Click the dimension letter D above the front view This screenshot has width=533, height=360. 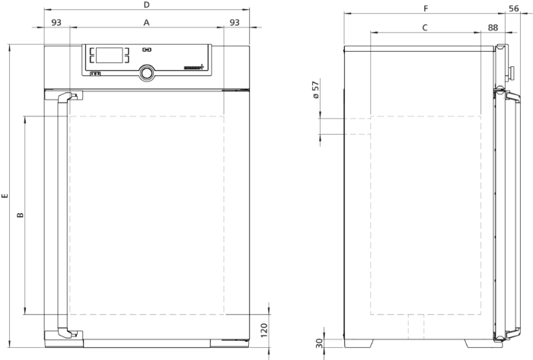click(146, 5)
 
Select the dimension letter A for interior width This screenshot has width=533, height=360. click(146, 22)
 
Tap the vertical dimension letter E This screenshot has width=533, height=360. click(5, 196)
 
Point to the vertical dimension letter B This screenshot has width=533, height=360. click(21, 215)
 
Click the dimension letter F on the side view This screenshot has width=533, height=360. click(426, 8)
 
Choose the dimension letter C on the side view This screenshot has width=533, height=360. click(425, 27)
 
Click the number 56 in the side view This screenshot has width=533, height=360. click(514, 8)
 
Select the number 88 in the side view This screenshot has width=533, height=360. click(493, 27)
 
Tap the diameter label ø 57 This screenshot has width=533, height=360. click(315, 90)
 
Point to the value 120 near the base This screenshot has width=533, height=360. click(263, 330)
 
